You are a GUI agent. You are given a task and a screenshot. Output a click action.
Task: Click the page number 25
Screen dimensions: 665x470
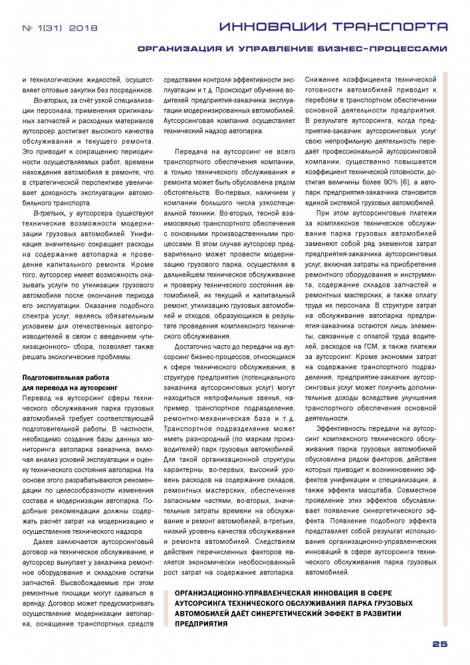(440, 644)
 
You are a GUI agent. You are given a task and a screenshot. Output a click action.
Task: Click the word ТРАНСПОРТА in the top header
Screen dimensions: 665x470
(391, 27)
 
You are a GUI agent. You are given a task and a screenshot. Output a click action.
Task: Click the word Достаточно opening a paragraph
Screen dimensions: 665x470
(193, 346)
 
